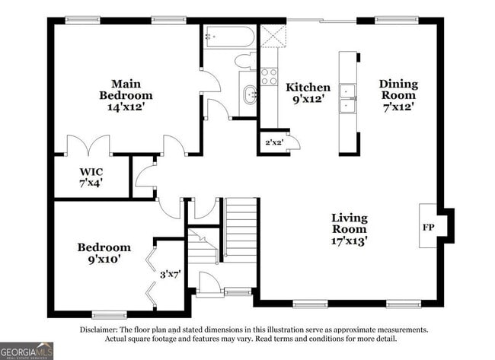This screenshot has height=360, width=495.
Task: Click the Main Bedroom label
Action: tap(126, 90)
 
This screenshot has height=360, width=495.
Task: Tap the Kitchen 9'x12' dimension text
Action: tap(308, 99)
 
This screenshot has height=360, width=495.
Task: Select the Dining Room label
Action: tap(398, 90)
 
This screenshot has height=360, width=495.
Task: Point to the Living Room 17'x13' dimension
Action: tap(350, 241)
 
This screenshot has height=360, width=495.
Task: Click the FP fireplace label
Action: tap(429, 227)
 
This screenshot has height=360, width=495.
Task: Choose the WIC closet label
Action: tap(91, 172)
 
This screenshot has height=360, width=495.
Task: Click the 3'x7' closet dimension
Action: tap(170, 275)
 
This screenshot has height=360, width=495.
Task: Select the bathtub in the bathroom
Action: tap(229, 37)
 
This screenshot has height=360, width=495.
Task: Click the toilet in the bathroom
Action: tap(245, 60)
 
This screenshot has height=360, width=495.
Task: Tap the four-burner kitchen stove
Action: tap(269, 77)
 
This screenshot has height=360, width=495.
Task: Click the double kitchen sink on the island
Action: tap(347, 98)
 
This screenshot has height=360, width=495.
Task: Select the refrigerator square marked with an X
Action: tap(273, 37)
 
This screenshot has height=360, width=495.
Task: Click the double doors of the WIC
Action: tap(88, 145)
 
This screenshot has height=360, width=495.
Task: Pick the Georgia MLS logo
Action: tap(27, 351)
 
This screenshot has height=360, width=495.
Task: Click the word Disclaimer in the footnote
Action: tap(98, 330)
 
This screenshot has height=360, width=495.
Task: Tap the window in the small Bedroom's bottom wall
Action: tap(110, 314)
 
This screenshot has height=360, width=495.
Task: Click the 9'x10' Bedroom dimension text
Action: tap(104, 260)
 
